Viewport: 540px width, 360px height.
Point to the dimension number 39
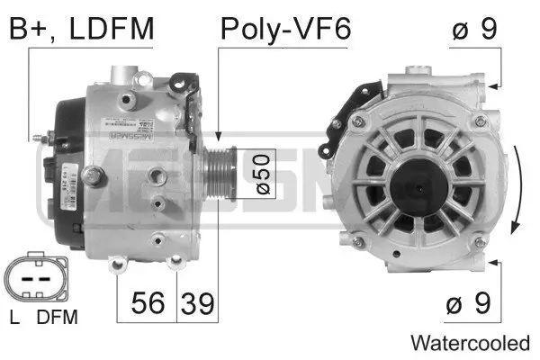(197, 303)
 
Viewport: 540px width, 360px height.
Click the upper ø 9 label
(473, 29)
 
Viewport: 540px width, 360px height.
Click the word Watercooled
(470, 343)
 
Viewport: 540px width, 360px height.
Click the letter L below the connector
(14, 317)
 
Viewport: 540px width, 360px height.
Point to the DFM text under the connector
(58, 317)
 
